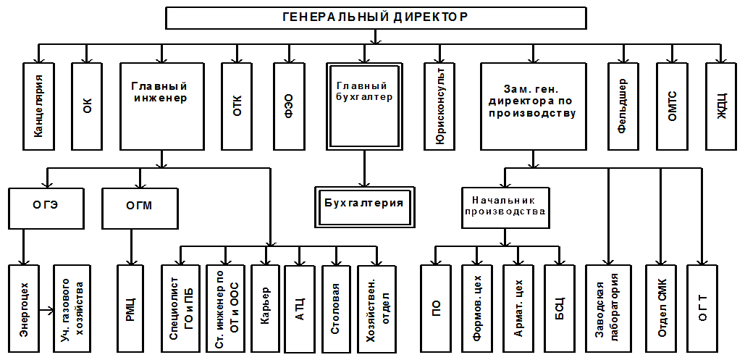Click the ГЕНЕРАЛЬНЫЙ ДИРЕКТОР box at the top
(376, 18)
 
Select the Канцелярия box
(38, 106)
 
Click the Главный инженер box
(161, 106)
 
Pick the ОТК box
(237, 106)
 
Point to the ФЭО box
(289, 106)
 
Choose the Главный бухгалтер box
(364, 106)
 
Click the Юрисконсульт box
(439, 106)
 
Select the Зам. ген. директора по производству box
(532, 106)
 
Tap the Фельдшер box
(623, 106)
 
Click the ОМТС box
(672, 106)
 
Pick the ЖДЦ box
(721, 106)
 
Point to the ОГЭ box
(46, 208)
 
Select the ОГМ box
(140, 208)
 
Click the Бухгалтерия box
(364, 207)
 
